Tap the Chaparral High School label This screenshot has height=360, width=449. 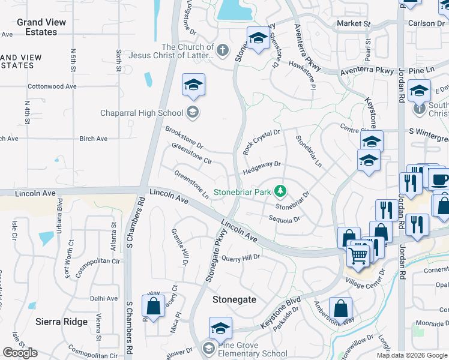click(x=142, y=113)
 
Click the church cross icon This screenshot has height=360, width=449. click(x=222, y=50)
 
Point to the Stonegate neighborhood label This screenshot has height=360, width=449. click(x=234, y=299)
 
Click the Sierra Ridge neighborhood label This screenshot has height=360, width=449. click(x=61, y=322)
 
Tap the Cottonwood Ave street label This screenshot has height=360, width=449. click(x=52, y=86)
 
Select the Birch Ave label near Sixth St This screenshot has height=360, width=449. click(x=93, y=139)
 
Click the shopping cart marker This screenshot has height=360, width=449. click(x=358, y=255)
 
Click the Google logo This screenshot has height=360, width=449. click(x=20, y=353)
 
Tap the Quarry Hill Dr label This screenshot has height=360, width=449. click(x=240, y=257)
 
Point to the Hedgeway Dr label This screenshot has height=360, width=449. click(x=261, y=167)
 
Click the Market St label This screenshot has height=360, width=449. click(x=353, y=23)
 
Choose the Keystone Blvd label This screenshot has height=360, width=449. click(x=280, y=316)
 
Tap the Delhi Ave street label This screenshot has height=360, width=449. click(x=103, y=298)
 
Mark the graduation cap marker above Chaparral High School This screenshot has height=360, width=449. click(x=193, y=86)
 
